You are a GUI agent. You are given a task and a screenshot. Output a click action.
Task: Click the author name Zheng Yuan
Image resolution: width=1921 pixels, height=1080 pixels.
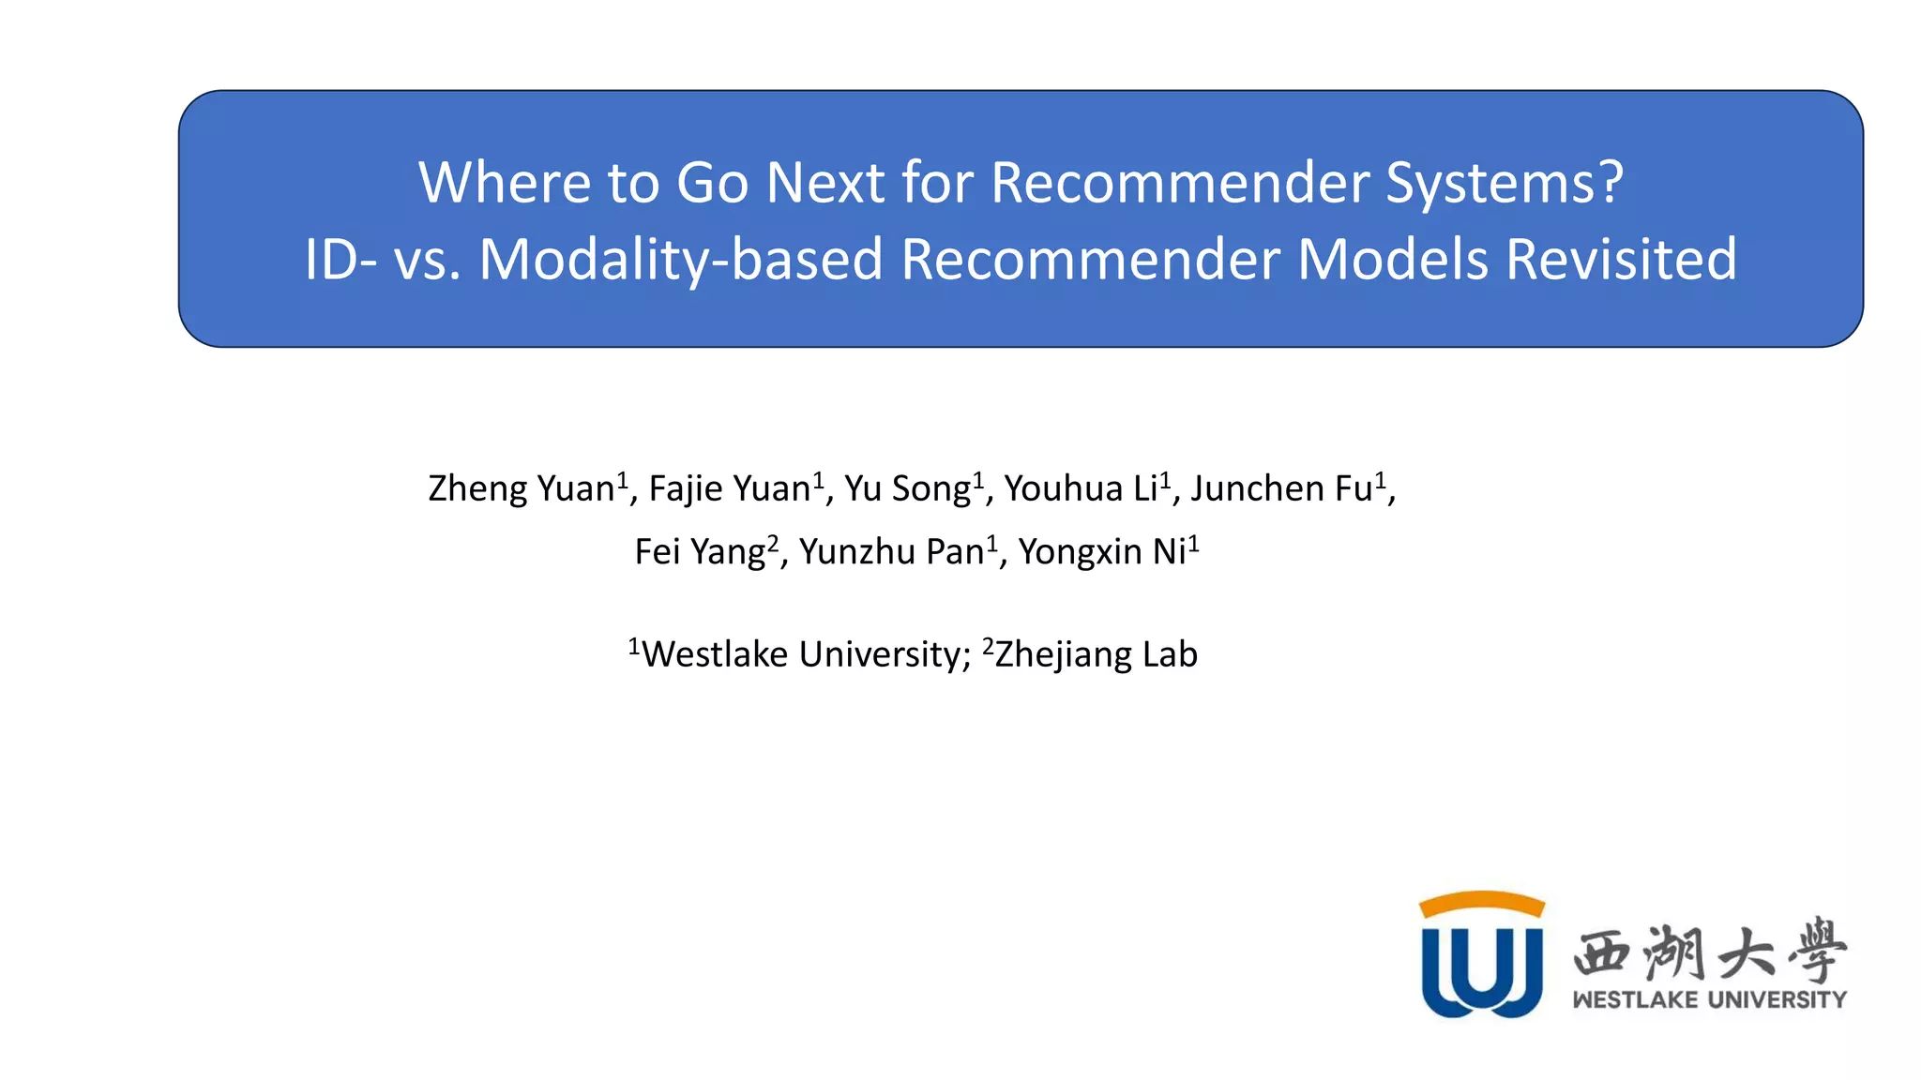tap(521, 489)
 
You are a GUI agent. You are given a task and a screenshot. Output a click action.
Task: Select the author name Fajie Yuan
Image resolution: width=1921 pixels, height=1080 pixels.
tap(729, 489)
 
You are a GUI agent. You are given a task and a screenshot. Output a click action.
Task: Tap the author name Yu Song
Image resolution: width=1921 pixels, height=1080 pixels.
tap(907, 489)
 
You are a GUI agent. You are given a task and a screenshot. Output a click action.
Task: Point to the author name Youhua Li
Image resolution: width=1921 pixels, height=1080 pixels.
tap(1081, 489)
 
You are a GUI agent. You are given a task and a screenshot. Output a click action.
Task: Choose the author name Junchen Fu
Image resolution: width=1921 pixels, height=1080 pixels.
tap(1281, 489)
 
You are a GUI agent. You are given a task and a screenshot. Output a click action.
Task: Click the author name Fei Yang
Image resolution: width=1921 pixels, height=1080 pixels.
tap(700, 552)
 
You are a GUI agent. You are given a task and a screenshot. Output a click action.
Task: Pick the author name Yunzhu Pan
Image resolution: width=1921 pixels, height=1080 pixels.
tap(891, 552)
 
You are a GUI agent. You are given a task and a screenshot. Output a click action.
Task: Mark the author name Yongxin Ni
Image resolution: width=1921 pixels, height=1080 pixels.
tap(1102, 552)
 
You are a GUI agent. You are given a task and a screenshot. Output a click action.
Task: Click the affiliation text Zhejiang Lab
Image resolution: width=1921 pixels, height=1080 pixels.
tap(1096, 654)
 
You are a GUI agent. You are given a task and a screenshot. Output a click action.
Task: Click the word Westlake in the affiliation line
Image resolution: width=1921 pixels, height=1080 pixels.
tap(714, 654)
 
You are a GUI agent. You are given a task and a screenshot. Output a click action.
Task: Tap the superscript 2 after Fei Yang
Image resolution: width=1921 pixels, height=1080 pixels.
tap(773, 542)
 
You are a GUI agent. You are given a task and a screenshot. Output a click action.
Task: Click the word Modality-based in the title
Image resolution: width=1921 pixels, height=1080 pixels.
tap(681, 260)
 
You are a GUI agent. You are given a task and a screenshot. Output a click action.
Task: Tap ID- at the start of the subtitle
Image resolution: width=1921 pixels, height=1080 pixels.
tap(341, 260)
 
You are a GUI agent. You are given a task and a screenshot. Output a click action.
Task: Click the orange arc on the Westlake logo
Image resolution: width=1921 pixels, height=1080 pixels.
tap(1481, 902)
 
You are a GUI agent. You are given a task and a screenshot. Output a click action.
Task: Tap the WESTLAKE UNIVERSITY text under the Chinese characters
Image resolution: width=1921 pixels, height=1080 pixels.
tap(1709, 999)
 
